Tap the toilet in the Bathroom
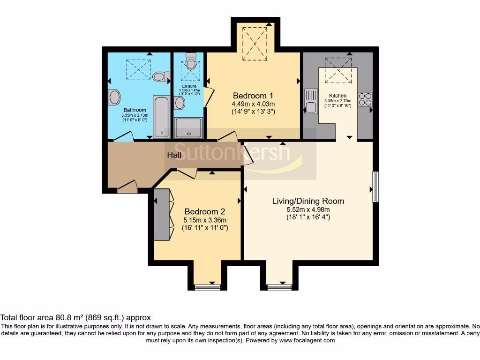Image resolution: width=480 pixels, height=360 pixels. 161,76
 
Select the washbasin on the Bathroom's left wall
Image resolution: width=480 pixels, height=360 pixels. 114,98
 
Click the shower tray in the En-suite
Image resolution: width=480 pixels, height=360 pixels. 189,127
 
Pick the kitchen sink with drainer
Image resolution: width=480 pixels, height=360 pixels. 311,101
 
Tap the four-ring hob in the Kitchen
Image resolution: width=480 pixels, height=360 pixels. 365,99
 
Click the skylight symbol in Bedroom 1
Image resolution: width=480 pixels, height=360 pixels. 255,44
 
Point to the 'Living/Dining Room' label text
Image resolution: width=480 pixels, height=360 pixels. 308,201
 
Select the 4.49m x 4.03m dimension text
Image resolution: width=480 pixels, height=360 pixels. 253,104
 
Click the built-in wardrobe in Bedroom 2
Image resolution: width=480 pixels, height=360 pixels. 161,215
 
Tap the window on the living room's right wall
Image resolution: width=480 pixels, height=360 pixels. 375,187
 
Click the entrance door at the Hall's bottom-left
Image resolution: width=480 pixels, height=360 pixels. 127,188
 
